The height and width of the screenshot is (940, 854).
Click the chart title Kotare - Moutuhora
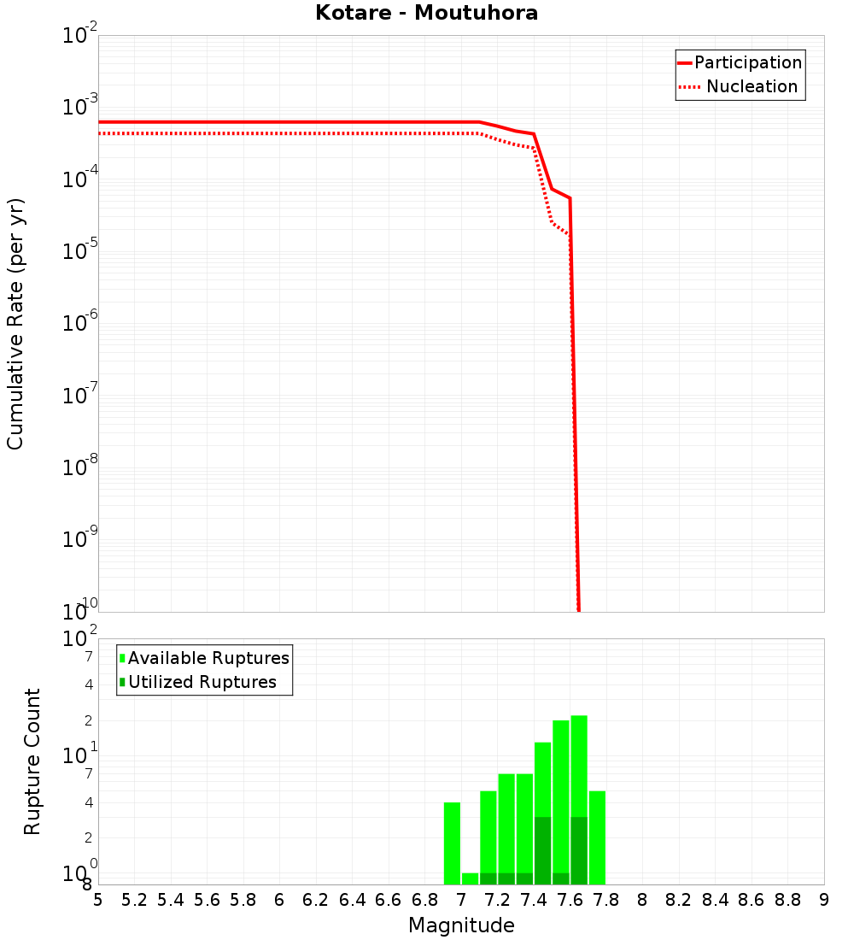(x=426, y=13)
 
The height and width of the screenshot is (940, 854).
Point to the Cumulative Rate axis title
(x=15, y=323)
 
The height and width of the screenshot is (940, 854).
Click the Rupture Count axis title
(x=32, y=761)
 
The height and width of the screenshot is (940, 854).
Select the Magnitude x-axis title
(x=461, y=925)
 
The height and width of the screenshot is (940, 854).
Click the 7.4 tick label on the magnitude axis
(x=534, y=900)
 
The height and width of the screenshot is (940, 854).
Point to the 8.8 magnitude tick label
(x=787, y=900)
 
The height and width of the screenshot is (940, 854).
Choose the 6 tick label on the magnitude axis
(x=279, y=900)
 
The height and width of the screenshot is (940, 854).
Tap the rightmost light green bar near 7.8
(x=597, y=837)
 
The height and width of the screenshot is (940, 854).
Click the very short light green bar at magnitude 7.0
(x=470, y=878)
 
